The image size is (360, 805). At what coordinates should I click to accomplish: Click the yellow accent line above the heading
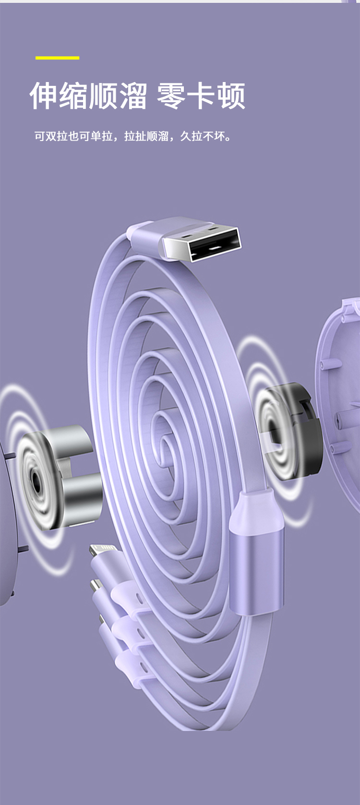(x=57, y=58)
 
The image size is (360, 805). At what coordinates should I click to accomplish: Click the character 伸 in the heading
(x=44, y=95)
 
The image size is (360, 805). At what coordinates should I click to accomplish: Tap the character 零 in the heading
(x=171, y=95)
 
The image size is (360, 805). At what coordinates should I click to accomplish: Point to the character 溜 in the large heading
(x=132, y=95)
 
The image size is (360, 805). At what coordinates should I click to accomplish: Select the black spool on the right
(x=293, y=431)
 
